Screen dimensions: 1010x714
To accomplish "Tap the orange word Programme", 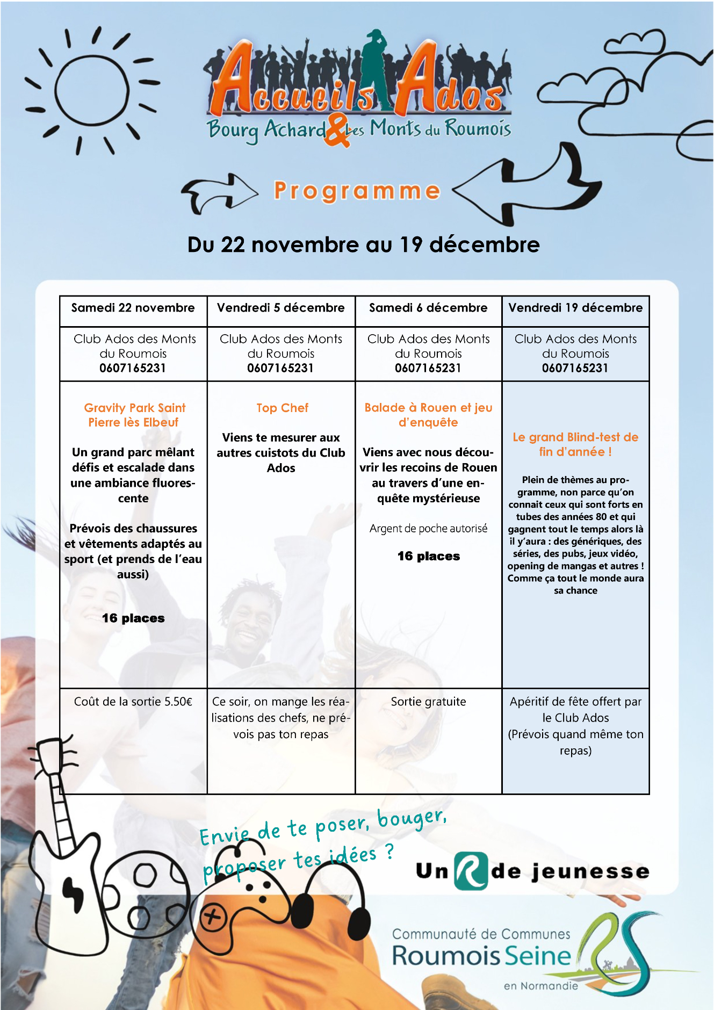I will [x=357, y=191].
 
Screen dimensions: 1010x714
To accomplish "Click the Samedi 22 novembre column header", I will [x=133, y=308].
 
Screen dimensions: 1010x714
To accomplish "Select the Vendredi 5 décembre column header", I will [x=281, y=308].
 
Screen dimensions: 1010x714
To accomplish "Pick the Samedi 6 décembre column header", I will [x=428, y=308].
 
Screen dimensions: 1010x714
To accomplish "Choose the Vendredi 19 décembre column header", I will [x=575, y=308].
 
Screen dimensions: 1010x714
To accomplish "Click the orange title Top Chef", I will [x=282, y=408].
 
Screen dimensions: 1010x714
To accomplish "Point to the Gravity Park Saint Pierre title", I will [x=134, y=415].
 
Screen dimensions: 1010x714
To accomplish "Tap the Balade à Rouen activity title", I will [x=428, y=415].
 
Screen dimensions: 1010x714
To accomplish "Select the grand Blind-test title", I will [x=575, y=444].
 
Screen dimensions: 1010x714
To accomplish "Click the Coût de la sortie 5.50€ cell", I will [x=133, y=702].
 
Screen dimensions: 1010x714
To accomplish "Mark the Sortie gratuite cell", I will [x=428, y=702].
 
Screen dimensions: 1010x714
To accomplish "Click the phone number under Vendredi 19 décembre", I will [x=575, y=368].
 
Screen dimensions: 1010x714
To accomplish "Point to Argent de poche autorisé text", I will [x=428, y=529].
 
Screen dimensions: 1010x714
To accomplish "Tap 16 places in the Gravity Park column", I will [x=133, y=618].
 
